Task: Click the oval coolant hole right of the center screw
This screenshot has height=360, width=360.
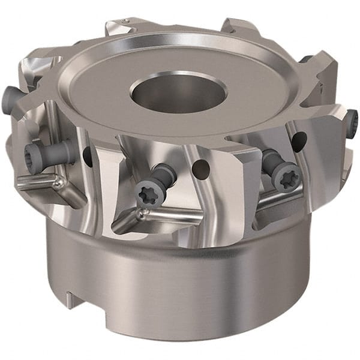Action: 202,170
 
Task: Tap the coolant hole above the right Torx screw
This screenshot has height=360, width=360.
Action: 298,142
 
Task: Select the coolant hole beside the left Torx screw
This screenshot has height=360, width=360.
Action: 88,157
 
